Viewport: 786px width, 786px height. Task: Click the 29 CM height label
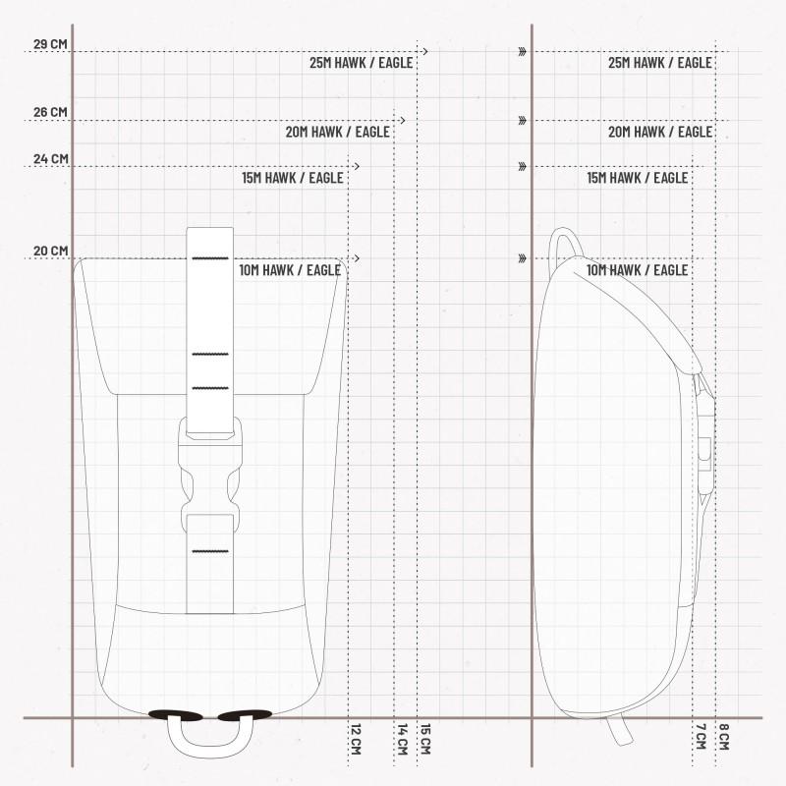tap(50, 44)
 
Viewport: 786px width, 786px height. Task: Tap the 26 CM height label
tap(50, 112)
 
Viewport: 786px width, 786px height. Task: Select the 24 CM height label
tap(51, 159)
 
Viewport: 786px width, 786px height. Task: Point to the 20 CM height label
tap(51, 251)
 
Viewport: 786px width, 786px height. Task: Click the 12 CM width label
tap(356, 740)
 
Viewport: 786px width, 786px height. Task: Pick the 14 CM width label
tap(403, 740)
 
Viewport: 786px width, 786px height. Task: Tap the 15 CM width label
tap(425, 740)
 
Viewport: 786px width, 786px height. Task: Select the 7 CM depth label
tap(701, 737)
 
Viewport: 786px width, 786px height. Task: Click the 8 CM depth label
tap(724, 737)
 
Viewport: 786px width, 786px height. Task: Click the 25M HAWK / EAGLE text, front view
tap(362, 63)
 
